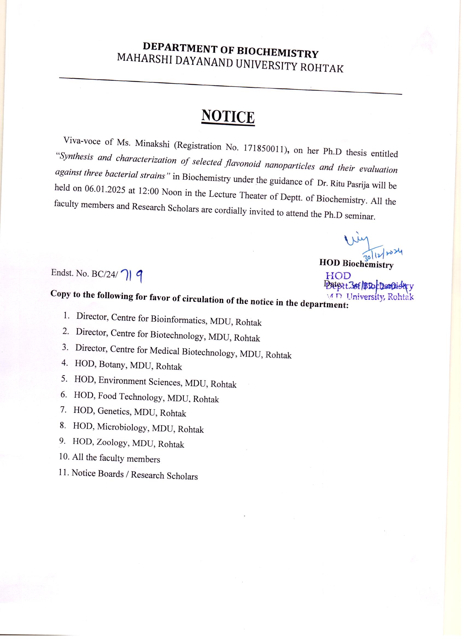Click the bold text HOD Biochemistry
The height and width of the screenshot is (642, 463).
tap(356, 264)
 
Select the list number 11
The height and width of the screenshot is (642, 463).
tap(64, 472)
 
